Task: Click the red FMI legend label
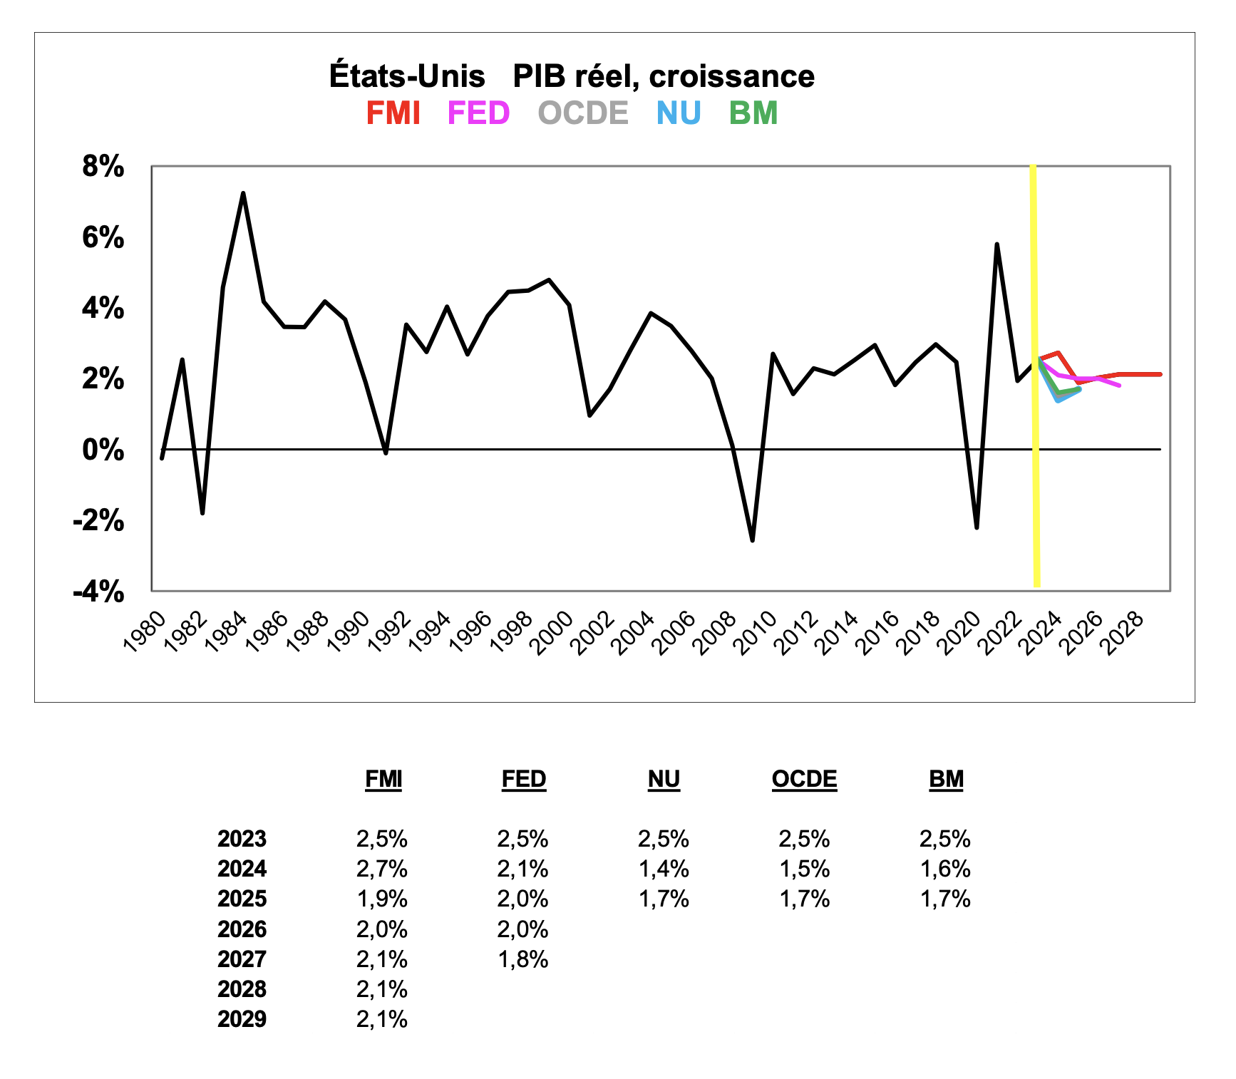393,113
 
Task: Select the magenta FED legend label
478,113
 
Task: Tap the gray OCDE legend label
583,113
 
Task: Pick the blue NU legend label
679,113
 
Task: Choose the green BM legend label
753,113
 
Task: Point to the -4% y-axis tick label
99,592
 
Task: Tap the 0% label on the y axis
103,450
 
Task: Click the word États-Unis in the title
407,76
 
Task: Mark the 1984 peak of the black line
243,193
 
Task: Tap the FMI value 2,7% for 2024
382,869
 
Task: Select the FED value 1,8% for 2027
522,959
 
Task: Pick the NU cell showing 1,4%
664,869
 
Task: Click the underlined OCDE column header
804,779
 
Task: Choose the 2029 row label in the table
242,1019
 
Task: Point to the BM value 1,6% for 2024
945,869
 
